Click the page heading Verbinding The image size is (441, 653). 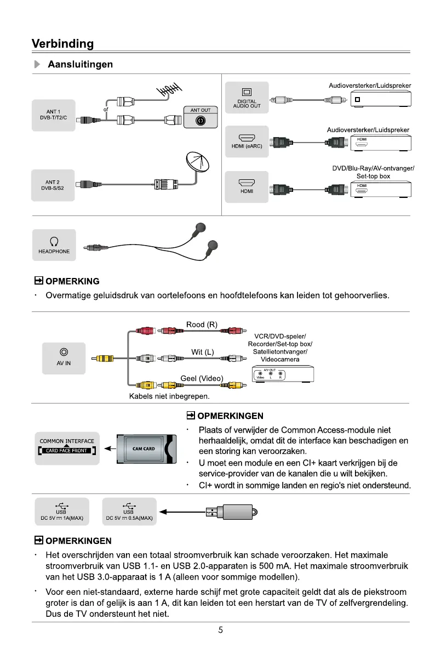(x=62, y=43)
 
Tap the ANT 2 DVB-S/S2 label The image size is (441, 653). (x=53, y=185)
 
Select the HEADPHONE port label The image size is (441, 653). (x=54, y=245)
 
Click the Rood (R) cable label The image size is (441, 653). (x=202, y=325)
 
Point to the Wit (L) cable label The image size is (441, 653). (x=202, y=352)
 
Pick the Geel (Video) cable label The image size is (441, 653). (x=202, y=378)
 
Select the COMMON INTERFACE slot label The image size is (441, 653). (x=67, y=446)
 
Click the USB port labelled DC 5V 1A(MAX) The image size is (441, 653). (x=61, y=512)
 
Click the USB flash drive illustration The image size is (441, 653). (x=231, y=513)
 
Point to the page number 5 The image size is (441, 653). (x=220, y=630)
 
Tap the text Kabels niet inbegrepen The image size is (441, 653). (x=169, y=395)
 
